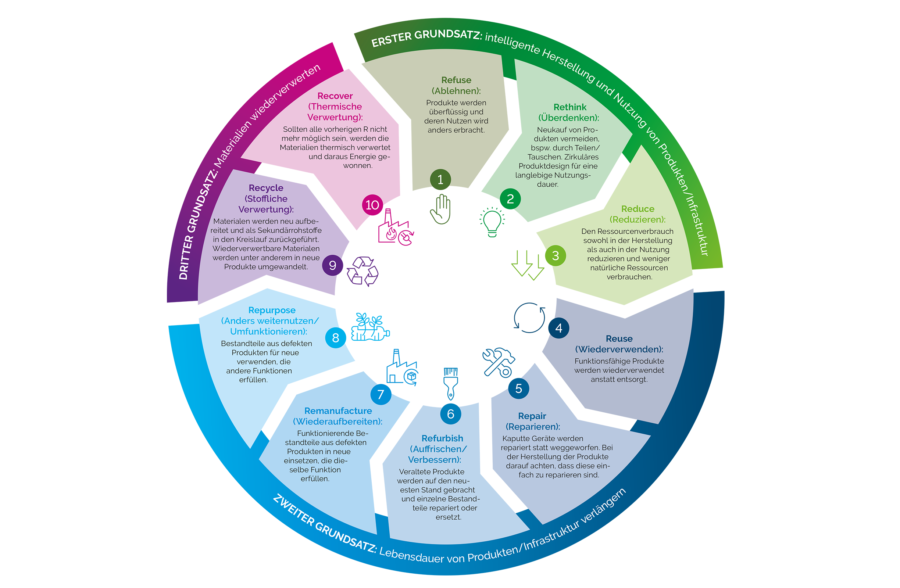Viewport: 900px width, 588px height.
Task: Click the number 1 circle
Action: pos(440,179)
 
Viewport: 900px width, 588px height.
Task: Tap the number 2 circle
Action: pos(510,199)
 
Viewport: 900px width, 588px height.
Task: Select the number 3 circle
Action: pos(556,256)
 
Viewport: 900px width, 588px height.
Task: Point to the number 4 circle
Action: pos(558,328)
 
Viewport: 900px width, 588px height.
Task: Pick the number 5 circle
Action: pos(518,388)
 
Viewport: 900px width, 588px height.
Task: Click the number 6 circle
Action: pos(450,414)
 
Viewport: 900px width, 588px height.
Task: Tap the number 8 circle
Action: pos(335,338)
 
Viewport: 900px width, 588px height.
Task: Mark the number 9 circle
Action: pos(332,265)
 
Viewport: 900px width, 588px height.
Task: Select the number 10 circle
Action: pos(372,205)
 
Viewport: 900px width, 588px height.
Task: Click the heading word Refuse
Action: pos(456,80)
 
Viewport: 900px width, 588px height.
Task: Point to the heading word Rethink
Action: pos(569,107)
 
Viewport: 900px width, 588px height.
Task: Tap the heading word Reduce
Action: pos(637,209)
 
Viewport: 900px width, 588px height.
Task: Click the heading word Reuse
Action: pos(619,338)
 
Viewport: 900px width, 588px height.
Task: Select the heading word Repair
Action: pos(532,416)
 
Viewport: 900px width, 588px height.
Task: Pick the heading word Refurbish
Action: pos(442,438)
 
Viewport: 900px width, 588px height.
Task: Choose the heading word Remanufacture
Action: pos(338,411)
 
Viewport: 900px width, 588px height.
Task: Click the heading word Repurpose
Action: pos(272,310)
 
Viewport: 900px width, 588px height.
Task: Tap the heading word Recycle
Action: pos(266,188)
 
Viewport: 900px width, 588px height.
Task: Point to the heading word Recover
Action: pos(335,96)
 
